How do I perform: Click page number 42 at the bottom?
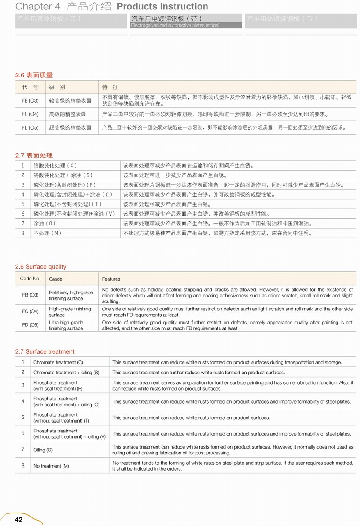coord(18,520)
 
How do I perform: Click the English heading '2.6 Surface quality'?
coord(40,267)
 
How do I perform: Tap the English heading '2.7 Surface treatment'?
coord(45,351)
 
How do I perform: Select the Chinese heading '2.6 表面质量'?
coord(34,75)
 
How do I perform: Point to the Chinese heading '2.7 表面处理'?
coord(34,156)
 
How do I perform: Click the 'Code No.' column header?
coord(30,279)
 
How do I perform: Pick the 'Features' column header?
coord(111,279)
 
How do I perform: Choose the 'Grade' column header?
coord(56,279)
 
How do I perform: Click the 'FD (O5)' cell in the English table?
coord(30,325)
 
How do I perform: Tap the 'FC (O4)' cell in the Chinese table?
coord(30,114)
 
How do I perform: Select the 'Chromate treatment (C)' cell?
coord(58,362)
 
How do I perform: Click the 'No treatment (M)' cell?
coord(51,466)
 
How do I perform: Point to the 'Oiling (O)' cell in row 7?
coord(43,450)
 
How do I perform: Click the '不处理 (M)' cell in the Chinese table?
coord(47,233)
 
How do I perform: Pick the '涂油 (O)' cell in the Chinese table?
coord(45,223)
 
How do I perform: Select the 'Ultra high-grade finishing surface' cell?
coord(66,325)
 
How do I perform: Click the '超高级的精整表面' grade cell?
coord(70,128)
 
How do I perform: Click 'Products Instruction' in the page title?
coord(162,7)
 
